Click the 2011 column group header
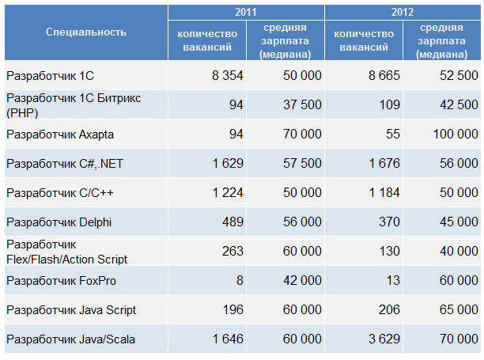(x=246, y=12)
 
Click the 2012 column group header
(x=403, y=12)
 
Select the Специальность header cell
(x=85, y=32)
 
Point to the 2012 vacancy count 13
(x=393, y=281)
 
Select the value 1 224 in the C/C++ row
(x=227, y=193)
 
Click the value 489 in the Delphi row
(x=233, y=222)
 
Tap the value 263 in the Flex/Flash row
(x=233, y=252)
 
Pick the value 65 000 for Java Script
(x=455, y=310)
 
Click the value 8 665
(x=384, y=75)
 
